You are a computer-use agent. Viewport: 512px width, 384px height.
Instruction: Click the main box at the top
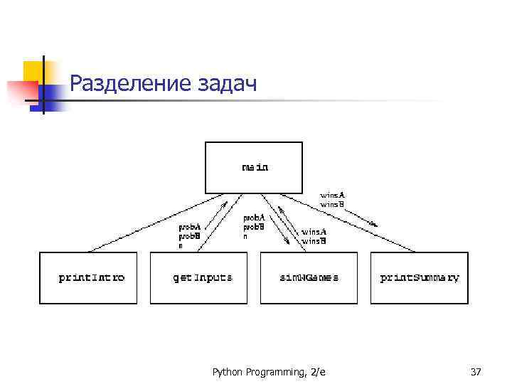coord(254,167)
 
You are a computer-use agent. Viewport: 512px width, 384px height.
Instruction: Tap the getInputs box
coord(203,277)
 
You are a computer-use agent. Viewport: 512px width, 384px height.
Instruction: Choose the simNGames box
coord(309,277)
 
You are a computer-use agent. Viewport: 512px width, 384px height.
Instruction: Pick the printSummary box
coord(420,277)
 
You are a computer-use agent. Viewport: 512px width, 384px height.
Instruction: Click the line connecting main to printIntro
coord(142,223)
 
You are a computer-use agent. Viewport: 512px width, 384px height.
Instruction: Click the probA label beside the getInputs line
coord(188,227)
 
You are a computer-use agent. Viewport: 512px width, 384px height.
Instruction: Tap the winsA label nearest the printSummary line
coord(332,194)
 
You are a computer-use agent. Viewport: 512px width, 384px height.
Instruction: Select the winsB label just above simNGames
coord(314,241)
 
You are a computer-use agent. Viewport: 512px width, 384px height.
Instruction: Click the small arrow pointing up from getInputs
coord(223,206)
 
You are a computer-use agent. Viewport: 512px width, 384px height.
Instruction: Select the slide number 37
coord(476,371)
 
